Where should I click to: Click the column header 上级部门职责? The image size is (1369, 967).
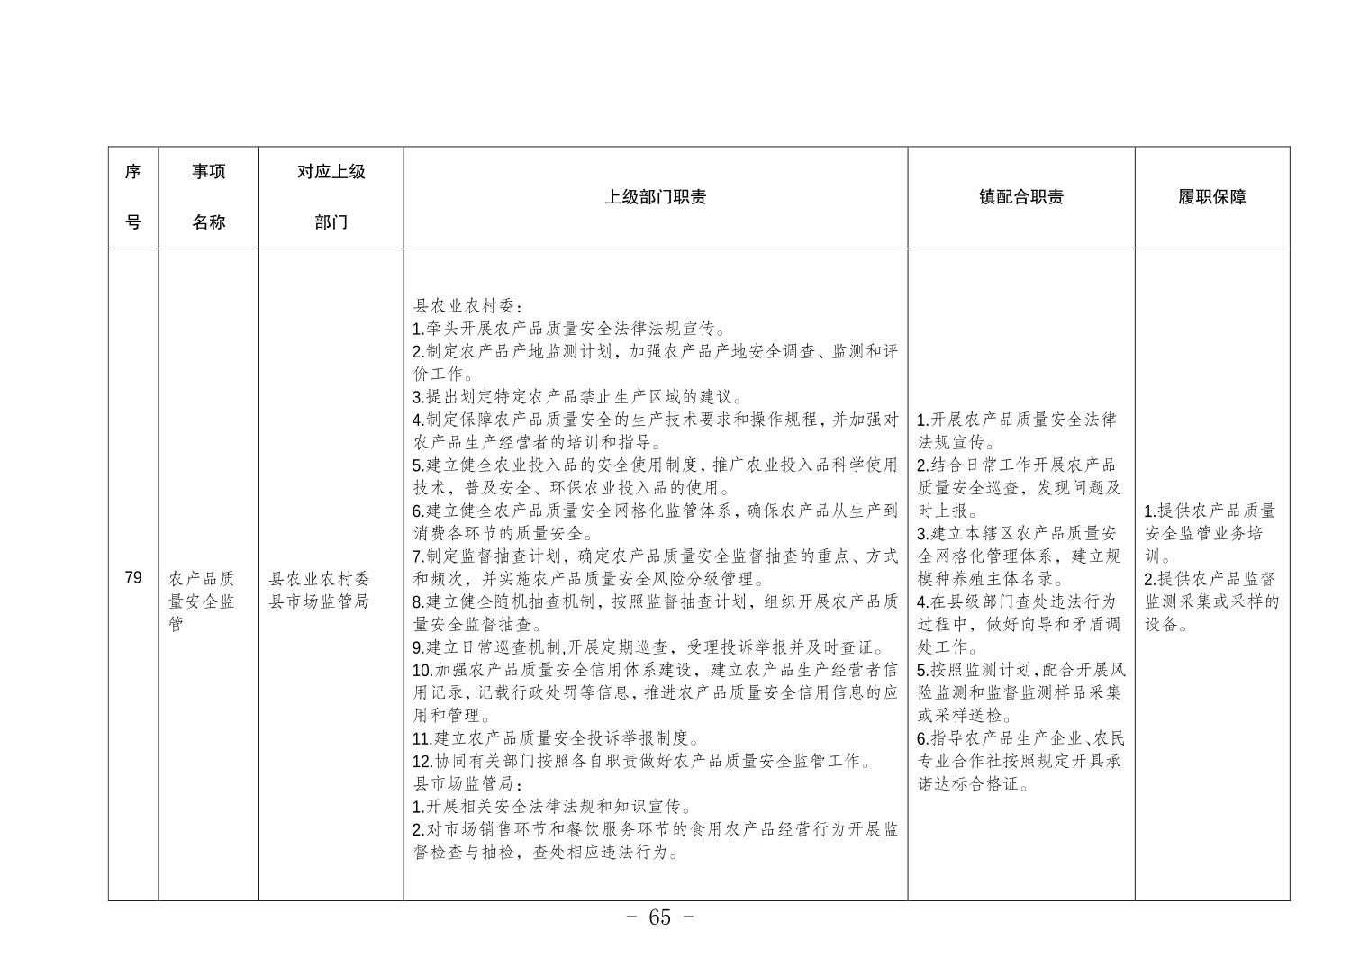click(x=655, y=197)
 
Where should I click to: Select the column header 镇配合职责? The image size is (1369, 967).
click(x=1020, y=197)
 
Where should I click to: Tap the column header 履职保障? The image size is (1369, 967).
click(x=1211, y=197)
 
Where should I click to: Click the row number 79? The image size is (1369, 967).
click(x=133, y=578)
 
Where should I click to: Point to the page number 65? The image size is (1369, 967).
click(x=659, y=917)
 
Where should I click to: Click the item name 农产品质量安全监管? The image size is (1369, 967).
click(x=202, y=601)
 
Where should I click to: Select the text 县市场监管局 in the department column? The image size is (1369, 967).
click(x=319, y=601)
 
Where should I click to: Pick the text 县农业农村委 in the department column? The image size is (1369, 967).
click(x=319, y=579)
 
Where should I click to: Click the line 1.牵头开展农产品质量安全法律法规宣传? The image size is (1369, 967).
click(x=569, y=329)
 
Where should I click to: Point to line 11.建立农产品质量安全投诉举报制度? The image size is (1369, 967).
click(x=556, y=738)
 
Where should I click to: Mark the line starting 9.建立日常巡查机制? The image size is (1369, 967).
click(x=648, y=647)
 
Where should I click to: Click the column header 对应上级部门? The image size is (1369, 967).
click(x=331, y=197)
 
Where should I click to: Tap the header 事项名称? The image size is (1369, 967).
click(x=208, y=197)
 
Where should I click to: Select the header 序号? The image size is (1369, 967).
click(x=133, y=197)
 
